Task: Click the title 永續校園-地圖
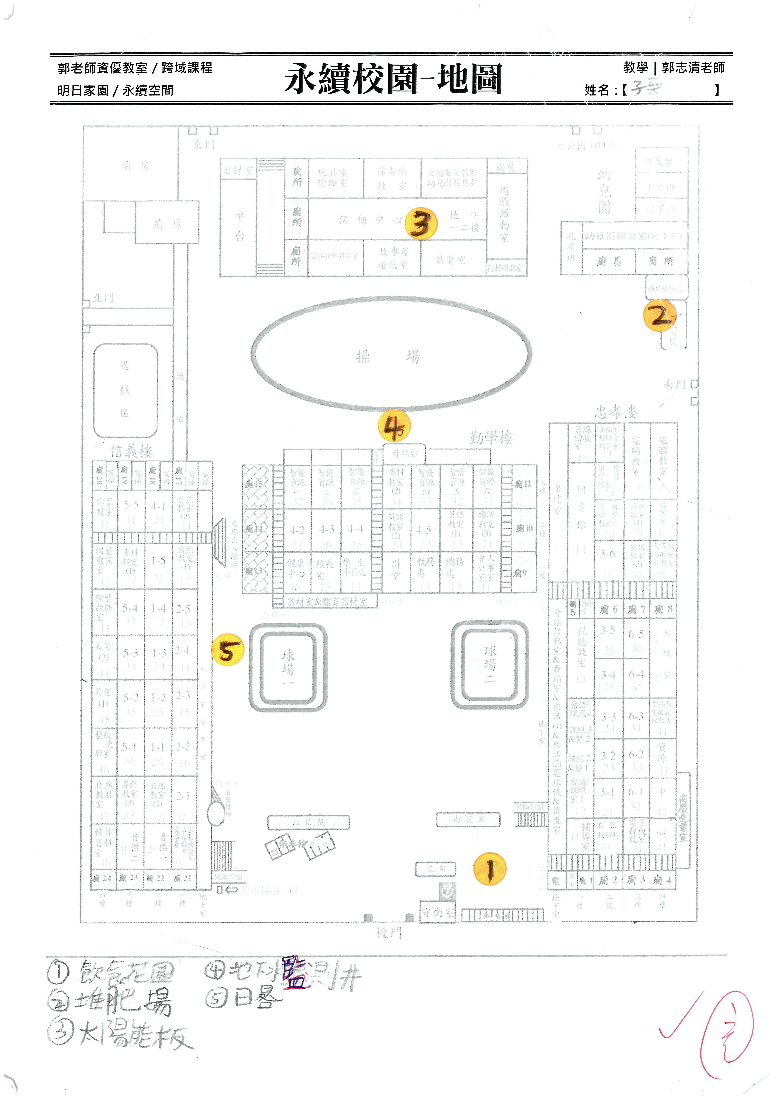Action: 393,79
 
